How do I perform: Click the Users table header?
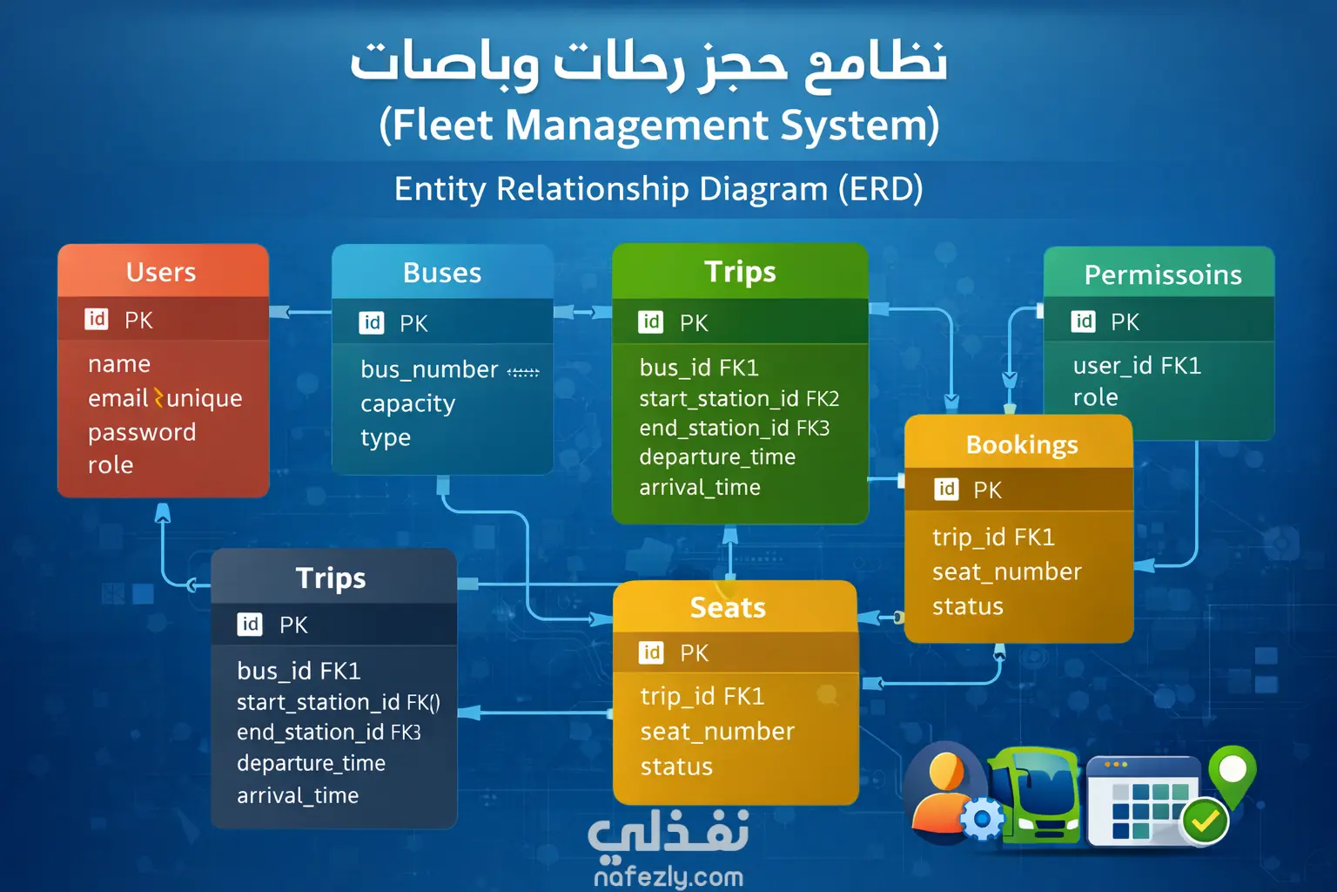tap(160, 273)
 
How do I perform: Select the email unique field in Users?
tap(165, 398)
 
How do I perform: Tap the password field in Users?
tap(142, 432)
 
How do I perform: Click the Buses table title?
tap(442, 273)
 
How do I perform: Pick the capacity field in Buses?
tap(407, 404)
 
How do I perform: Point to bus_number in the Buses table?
tap(429, 370)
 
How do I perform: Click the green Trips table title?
tap(740, 273)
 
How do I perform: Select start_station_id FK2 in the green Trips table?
tap(740, 398)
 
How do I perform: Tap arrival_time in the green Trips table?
tap(700, 488)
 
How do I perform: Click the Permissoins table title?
tap(1163, 275)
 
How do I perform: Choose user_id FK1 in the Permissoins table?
tap(1137, 366)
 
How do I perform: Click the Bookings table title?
tap(1022, 445)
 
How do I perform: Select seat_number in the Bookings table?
tap(1007, 571)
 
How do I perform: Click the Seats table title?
tap(728, 608)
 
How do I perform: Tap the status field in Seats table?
tap(676, 767)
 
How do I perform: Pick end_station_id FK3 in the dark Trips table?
tap(329, 733)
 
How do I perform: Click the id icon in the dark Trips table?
tap(250, 625)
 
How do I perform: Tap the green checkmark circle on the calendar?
tap(1205, 821)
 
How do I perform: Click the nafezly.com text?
tap(668, 876)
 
